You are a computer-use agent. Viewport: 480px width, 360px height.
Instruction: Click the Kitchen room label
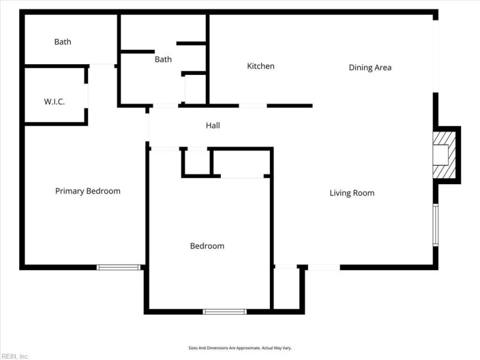[x=260, y=66]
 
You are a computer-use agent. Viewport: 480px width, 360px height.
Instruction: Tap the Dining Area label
[x=370, y=67]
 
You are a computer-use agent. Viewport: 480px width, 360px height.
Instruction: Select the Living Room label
[x=352, y=193]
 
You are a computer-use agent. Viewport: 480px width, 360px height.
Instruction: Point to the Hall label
[x=213, y=125]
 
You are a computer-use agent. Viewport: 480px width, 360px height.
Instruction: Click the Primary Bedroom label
[x=88, y=191]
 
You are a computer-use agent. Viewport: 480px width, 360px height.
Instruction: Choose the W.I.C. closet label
[x=55, y=101]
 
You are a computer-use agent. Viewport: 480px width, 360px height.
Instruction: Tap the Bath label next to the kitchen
[x=163, y=59]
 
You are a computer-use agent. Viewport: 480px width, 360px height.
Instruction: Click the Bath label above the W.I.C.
[x=63, y=41]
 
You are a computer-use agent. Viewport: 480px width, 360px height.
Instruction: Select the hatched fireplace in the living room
[x=444, y=155]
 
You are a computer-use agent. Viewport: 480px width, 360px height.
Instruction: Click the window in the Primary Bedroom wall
[x=118, y=267]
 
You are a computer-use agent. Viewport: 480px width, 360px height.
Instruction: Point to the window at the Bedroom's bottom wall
[x=224, y=311]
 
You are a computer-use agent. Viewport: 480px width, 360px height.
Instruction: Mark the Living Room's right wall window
[x=436, y=225]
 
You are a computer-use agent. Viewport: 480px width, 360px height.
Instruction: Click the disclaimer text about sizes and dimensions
[x=240, y=348]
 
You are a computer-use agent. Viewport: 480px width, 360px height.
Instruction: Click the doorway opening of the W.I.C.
[x=86, y=96]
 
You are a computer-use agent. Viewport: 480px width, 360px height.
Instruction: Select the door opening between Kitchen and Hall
[x=253, y=106]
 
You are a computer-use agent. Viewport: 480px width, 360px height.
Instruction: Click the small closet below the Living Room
[x=287, y=289]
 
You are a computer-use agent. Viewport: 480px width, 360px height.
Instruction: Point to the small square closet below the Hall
[x=196, y=163]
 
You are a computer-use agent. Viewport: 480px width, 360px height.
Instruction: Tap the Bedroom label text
[x=207, y=246]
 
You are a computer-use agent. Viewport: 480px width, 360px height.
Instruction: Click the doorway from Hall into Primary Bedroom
[x=147, y=127]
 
